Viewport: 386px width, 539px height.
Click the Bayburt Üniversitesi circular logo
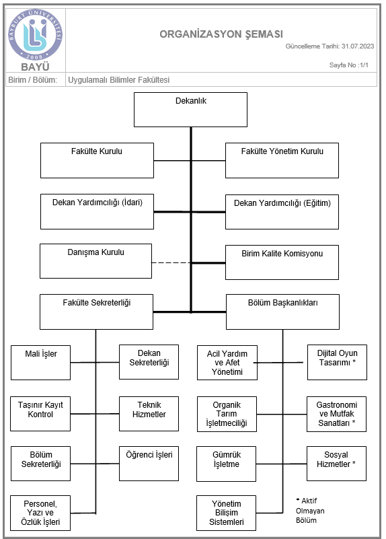point(36,34)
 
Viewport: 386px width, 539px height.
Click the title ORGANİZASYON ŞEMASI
point(221,34)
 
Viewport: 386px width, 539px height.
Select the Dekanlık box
point(190,110)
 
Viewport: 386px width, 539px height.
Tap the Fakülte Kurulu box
point(98,161)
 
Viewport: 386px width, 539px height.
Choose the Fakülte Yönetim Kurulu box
point(282,161)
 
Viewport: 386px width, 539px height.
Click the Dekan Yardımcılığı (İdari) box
point(98,211)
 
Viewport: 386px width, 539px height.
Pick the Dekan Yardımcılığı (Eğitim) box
point(282,212)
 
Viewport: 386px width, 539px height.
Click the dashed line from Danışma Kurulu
point(171,263)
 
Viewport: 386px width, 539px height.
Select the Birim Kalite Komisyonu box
point(282,262)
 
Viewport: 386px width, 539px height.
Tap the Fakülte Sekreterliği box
point(97,312)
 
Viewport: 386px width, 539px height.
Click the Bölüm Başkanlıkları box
point(282,312)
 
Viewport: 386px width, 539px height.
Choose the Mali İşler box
point(41,363)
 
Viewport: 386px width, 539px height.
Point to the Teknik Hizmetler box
point(149,414)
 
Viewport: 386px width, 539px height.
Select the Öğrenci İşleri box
point(149,464)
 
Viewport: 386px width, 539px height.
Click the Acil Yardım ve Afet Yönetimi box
point(227,363)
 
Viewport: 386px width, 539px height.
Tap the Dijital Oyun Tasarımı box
point(337,362)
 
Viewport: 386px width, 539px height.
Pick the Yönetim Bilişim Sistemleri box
point(227,513)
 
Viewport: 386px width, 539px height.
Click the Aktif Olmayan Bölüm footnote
point(310,511)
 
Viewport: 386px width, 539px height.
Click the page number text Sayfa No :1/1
point(349,65)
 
